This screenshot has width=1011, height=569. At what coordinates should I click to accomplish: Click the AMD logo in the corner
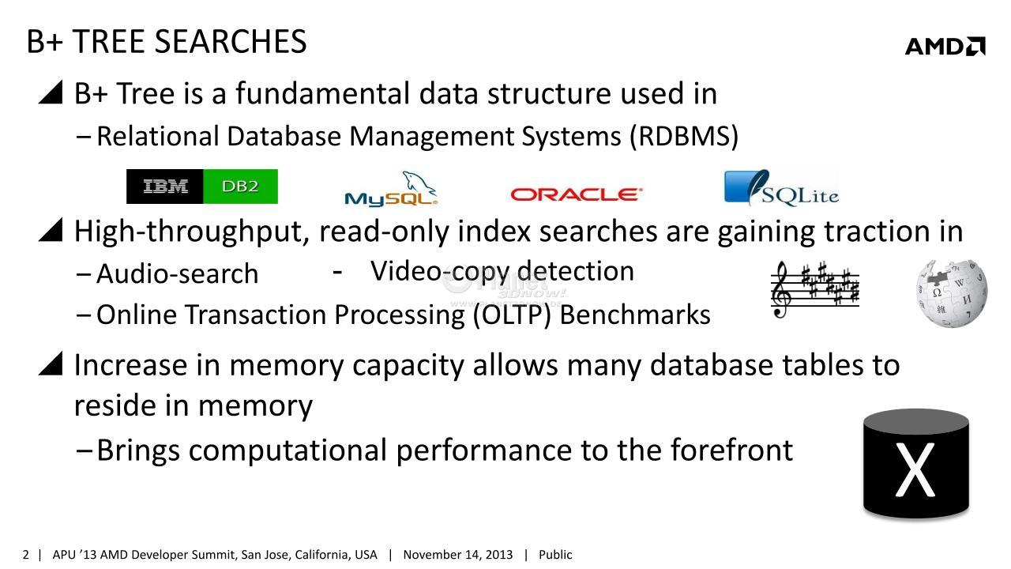(x=945, y=47)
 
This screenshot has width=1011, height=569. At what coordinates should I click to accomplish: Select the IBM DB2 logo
(x=201, y=187)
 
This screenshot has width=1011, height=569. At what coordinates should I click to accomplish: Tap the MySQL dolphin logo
(x=391, y=189)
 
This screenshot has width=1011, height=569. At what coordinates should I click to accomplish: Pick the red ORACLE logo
(x=576, y=194)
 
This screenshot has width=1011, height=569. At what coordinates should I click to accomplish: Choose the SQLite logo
(x=781, y=188)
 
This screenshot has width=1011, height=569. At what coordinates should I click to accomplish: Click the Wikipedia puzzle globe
(x=952, y=293)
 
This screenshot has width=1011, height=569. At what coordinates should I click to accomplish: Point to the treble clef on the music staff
(x=780, y=290)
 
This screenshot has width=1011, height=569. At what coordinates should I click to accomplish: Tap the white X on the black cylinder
(x=915, y=469)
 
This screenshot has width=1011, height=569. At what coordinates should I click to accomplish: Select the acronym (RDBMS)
(x=684, y=136)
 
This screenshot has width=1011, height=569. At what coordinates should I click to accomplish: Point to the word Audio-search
(x=178, y=273)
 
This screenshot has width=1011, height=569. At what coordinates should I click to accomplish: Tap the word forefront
(x=731, y=450)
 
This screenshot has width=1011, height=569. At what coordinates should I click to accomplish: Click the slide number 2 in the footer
(x=26, y=555)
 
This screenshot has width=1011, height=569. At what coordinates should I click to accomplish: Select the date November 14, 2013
(x=457, y=555)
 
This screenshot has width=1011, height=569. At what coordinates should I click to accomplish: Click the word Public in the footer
(x=555, y=555)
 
